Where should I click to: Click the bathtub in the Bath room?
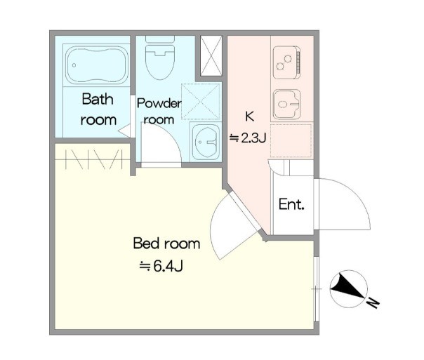pyautogui.click(x=97, y=65)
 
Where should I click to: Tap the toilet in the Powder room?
pyautogui.click(x=160, y=58)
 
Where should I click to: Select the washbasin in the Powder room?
pyautogui.click(x=206, y=142)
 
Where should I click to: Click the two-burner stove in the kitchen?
pyautogui.click(x=287, y=62)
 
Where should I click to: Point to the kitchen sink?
pyautogui.click(x=286, y=105)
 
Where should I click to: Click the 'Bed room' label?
pyautogui.click(x=166, y=244)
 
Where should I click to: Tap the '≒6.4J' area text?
pyautogui.click(x=161, y=266)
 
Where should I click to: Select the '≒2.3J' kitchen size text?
pyautogui.click(x=248, y=138)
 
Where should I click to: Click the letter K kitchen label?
pyautogui.click(x=249, y=116)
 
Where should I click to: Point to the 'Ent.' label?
pyautogui.click(x=291, y=204)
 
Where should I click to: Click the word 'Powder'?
pyautogui.click(x=159, y=104)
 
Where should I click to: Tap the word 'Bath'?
pyautogui.click(x=98, y=99)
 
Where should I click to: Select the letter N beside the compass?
pyautogui.click(x=373, y=302)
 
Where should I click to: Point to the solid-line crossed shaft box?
pyautogui.click(x=211, y=55)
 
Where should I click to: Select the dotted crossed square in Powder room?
pyautogui.click(x=200, y=101)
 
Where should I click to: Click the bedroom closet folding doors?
pyautogui.click(x=94, y=159)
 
